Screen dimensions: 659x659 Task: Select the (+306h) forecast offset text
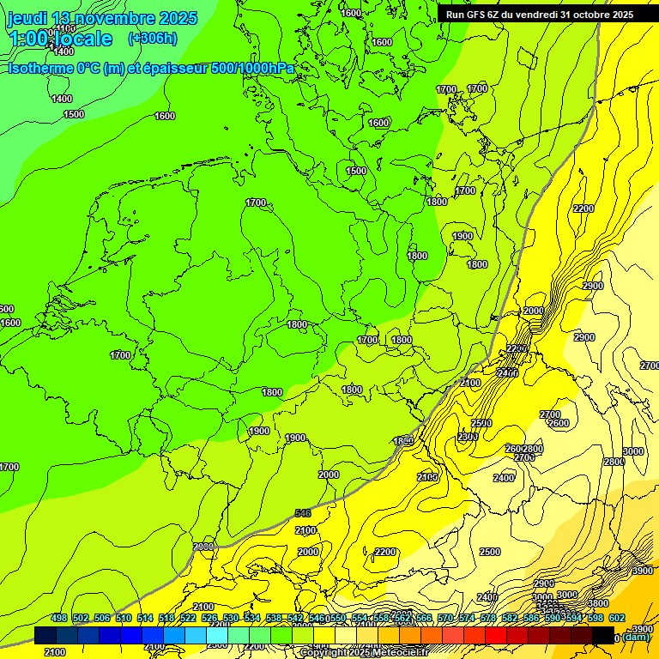[153, 39]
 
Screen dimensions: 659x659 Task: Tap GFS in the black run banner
[476, 15]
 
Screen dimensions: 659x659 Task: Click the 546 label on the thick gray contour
[303, 512]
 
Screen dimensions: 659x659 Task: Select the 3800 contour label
[598, 603]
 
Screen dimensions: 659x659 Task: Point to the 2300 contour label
[468, 438]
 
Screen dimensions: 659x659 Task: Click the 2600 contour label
[559, 423]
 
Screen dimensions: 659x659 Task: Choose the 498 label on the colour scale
[58, 619]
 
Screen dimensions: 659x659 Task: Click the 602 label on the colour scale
[616, 619]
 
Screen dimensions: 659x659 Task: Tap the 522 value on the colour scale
[188, 619]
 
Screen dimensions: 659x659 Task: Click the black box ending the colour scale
[603, 634]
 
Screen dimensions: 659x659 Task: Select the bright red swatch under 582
[495, 634]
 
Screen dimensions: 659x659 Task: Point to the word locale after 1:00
[82, 39]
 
